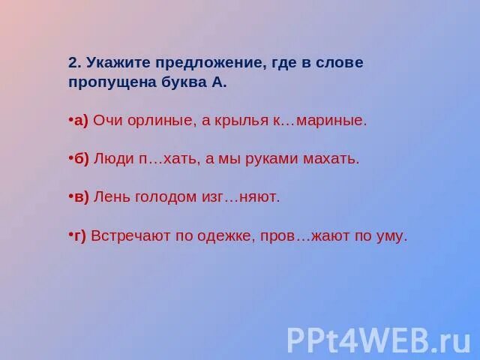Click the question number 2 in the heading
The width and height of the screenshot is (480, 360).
click(73, 63)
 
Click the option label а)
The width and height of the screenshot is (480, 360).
click(79, 121)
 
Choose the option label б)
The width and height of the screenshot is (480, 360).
click(79, 159)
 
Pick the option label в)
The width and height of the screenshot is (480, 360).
click(79, 197)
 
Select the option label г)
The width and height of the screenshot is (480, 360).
click(79, 235)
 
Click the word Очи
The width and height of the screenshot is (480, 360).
click(108, 121)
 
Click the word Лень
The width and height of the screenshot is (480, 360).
click(113, 197)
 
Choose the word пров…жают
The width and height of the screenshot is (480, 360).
click(306, 235)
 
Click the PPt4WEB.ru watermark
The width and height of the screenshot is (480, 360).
click(379, 339)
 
